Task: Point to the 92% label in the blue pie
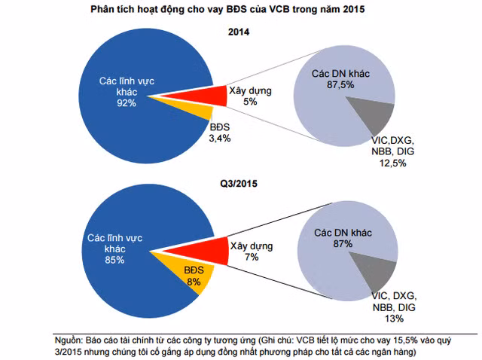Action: (127, 102)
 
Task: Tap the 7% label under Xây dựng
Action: (251, 257)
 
